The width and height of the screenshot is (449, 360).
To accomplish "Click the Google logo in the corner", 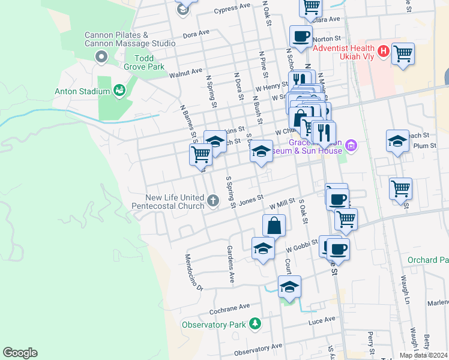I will pos(20,353).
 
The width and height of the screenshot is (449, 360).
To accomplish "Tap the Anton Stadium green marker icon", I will pos(119,91).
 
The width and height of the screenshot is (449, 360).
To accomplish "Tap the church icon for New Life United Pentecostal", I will pos(214,201).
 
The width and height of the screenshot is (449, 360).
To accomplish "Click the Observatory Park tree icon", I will pos(255,324).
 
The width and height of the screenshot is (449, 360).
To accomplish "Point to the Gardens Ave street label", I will pos(229,264).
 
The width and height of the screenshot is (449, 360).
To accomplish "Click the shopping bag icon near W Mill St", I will pos(274,226).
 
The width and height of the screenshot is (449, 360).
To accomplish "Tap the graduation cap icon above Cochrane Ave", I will pos(289,286).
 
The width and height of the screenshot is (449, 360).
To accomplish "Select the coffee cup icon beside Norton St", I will pos(301,36).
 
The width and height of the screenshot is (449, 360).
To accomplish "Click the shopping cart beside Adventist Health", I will pos(402,54).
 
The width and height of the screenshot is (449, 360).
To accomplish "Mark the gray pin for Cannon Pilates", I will pos(101,57).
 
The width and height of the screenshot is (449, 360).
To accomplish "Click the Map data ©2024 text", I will pos(423,355).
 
